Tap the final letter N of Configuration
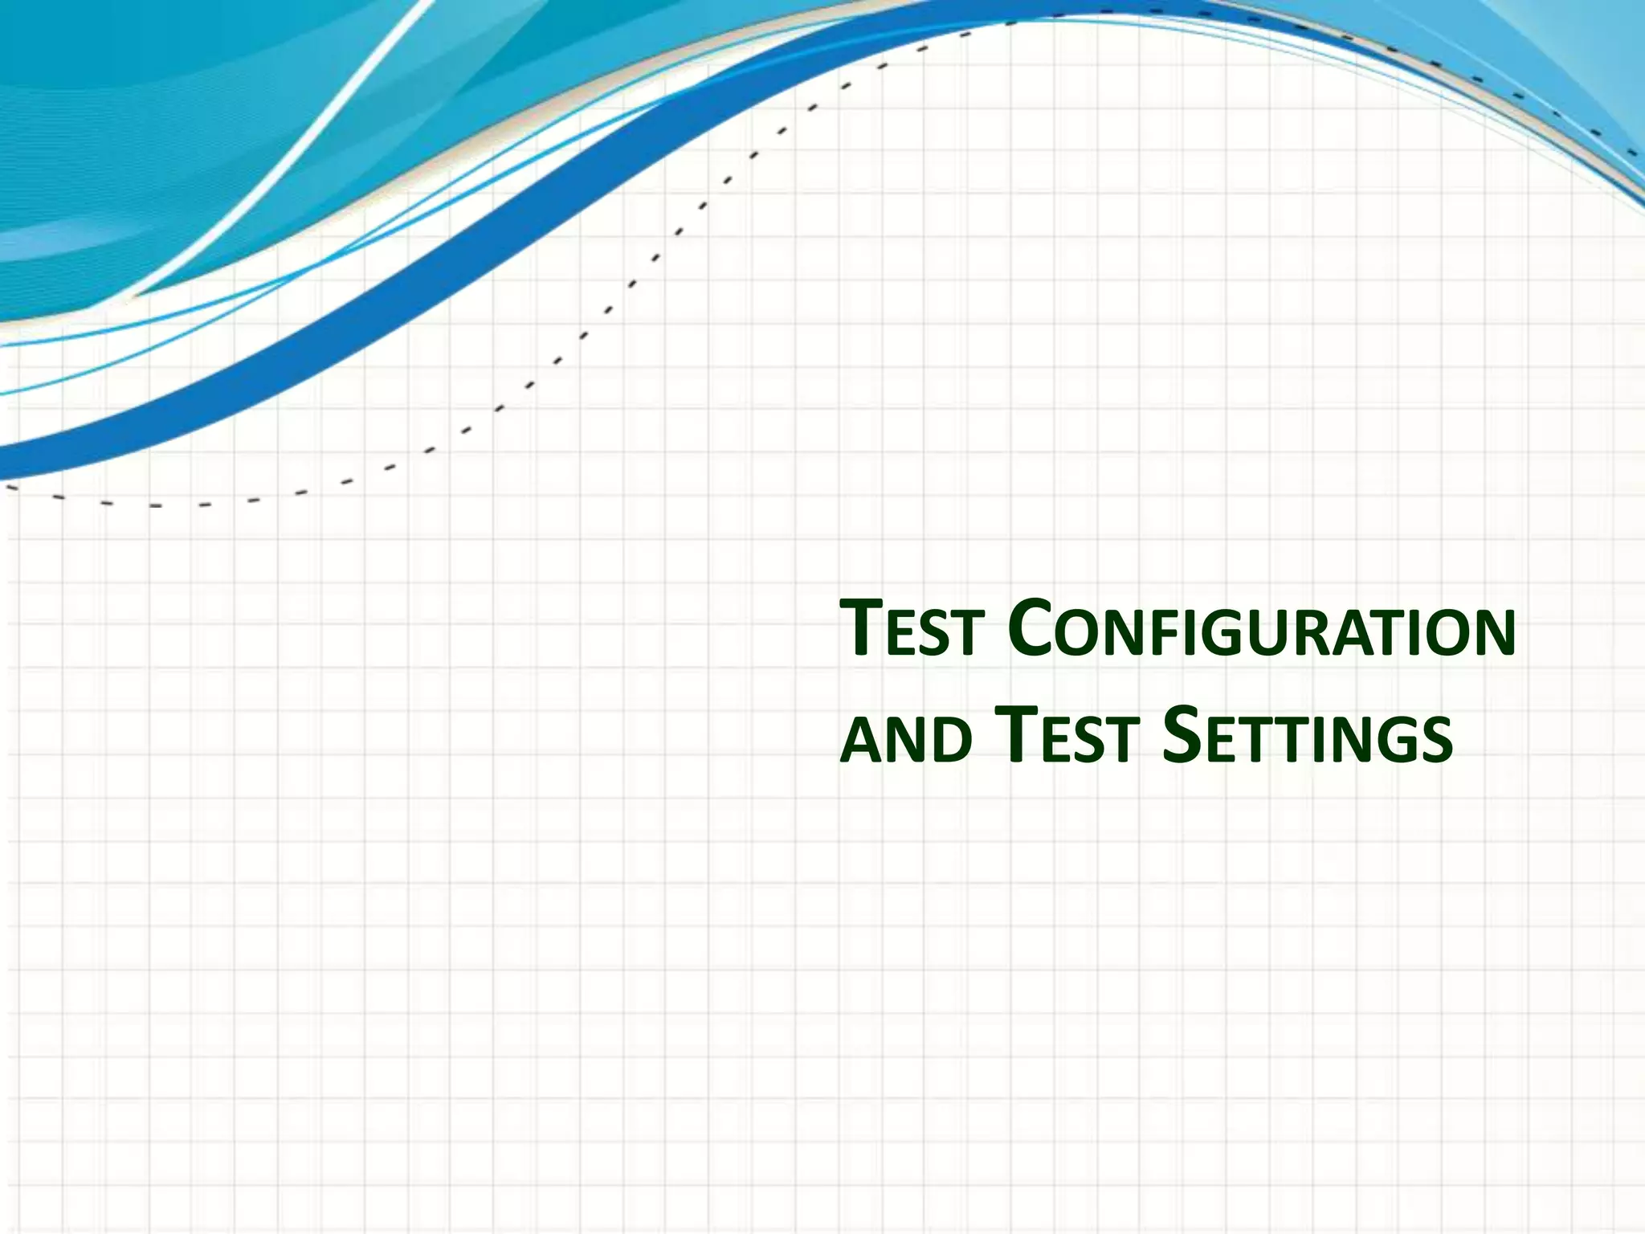(1492, 635)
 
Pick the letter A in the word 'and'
(861, 741)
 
